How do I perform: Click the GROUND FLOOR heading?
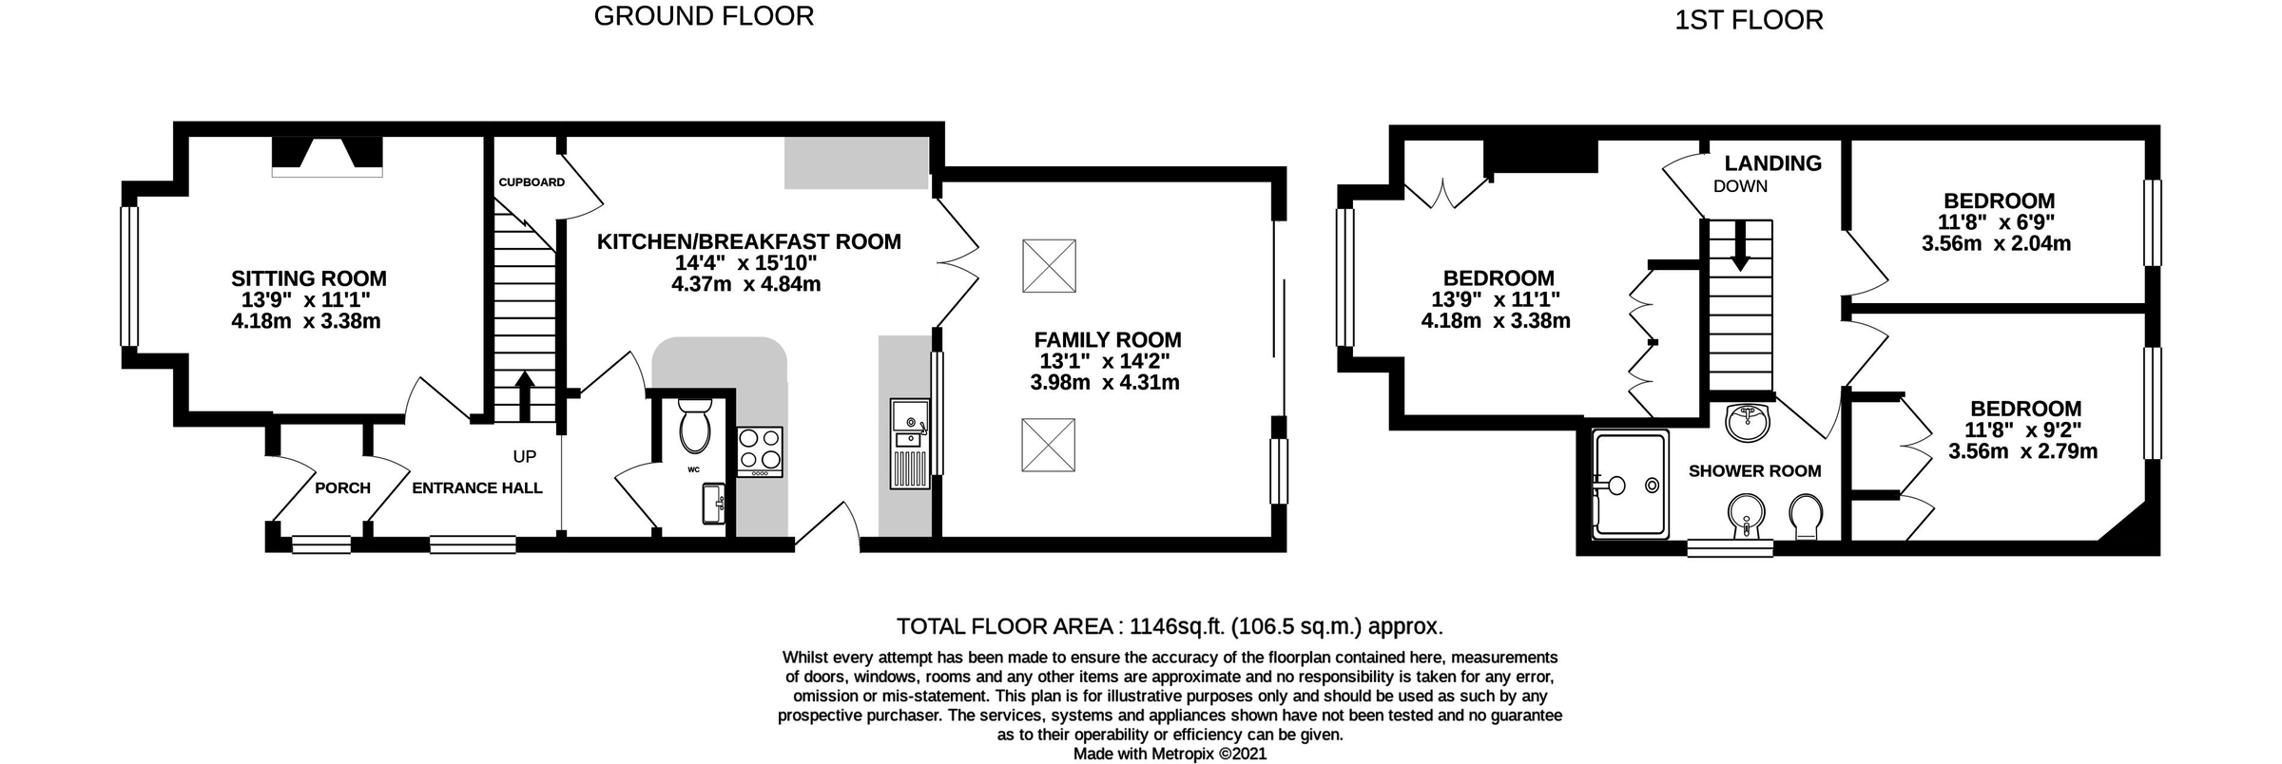tap(704, 16)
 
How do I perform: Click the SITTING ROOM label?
tap(308, 278)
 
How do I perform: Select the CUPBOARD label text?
tap(532, 181)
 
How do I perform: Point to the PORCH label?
tap(342, 487)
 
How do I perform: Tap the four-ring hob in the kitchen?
tap(760, 451)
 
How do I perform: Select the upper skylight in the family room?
tap(1050, 266)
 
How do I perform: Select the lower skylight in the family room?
tap(1050, 445)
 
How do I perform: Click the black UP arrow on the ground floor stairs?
tap(524, 393)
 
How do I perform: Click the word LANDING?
tap(1772, 163)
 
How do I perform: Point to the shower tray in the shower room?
tap(1630, 485)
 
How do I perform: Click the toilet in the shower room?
tap(1806, 519)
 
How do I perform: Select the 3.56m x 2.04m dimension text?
tap(1996, 243)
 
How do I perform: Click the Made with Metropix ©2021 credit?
tap(1170, 754)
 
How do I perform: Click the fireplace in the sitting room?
tap(328, 157)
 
